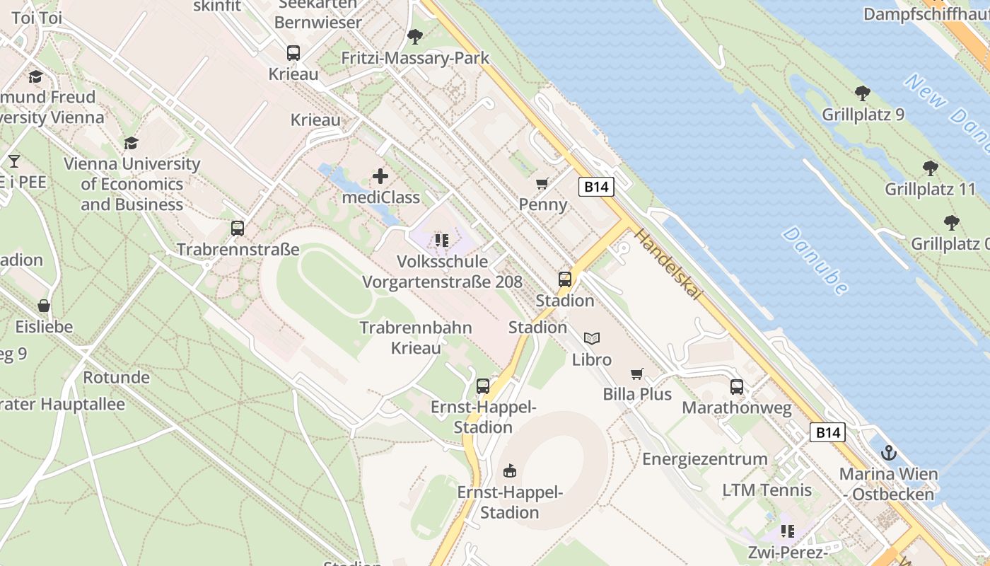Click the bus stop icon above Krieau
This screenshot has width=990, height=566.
293,53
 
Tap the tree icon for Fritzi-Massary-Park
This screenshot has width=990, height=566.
415,36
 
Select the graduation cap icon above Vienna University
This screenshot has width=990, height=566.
131,144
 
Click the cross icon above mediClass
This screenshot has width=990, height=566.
380,176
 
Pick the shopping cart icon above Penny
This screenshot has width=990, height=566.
542,184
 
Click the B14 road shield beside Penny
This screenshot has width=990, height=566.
596,187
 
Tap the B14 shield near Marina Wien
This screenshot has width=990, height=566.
827,432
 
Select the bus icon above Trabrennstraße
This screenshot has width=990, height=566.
238,229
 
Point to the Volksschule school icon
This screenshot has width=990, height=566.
442,241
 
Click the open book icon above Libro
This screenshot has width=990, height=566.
592,339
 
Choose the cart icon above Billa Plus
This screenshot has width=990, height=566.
637,374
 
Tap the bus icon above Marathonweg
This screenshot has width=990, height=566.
737,387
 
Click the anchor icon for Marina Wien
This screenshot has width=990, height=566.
889,454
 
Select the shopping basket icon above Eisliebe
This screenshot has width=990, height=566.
44,306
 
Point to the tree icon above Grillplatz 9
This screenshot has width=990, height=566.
863,93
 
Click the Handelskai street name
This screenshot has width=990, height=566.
668,264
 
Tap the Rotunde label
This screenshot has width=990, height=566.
117,377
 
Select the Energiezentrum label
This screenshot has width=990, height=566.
704,458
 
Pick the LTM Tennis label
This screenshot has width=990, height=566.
767,490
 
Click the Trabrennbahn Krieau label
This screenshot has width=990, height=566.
416,337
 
